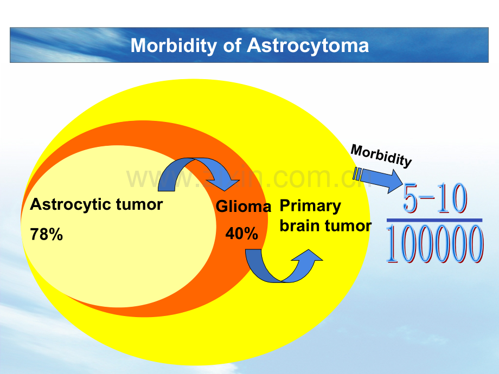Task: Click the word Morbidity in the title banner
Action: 174,46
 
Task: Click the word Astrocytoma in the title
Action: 308,45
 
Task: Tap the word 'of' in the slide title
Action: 232,45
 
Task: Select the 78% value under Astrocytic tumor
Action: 47,234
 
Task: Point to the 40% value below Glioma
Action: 241,234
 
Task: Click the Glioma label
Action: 244,207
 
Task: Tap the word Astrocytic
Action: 71,205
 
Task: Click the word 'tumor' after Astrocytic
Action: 139,204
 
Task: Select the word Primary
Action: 310,207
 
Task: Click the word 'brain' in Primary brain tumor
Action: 299,226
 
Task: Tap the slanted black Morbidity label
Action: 381,155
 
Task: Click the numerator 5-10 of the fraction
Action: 434,198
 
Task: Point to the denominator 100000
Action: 435,244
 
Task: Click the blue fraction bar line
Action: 434,220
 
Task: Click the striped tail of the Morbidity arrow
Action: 357,173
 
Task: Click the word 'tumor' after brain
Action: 348,226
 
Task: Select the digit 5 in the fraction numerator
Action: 411,198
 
